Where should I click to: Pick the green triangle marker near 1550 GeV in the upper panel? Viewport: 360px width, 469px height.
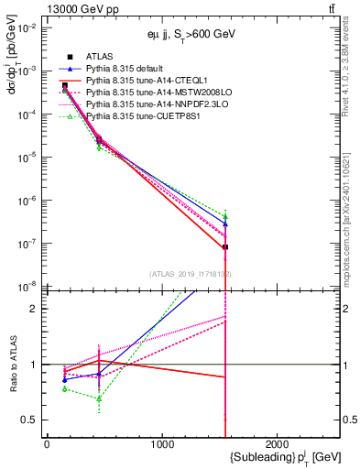(225, 216)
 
